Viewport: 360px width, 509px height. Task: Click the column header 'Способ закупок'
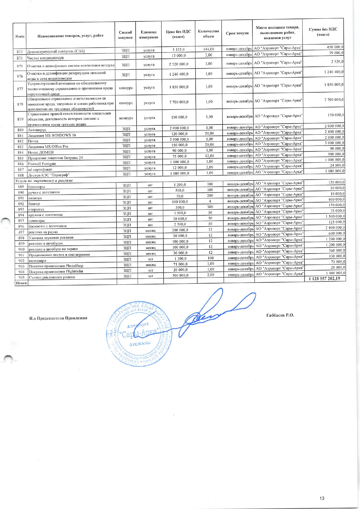tap(125, 35)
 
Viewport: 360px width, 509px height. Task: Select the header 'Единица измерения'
tap(149, 35)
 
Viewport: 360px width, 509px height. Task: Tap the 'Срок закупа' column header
tap(237, 33)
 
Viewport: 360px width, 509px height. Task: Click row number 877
tap(20, 89)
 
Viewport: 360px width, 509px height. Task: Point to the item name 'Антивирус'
tap(37, 130)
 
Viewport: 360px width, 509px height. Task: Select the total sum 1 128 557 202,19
tap(324, 279)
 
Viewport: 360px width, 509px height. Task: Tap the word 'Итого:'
tap(21, 283)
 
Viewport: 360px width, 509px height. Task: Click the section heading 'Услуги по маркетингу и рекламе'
tap(44, 181)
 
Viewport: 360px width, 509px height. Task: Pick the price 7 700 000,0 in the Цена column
tap(179, 102)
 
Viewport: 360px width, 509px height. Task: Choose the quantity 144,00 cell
tap(209, 49)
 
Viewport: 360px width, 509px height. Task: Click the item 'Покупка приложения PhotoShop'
tap(56, 266)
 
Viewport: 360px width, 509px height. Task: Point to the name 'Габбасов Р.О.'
tap(280, 315)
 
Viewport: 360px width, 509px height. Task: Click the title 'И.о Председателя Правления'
tap(58, 318)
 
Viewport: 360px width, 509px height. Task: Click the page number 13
tap(322, 499)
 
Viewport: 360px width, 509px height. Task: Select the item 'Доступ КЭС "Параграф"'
tap(49, 175)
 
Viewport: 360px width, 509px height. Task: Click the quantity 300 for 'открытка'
tap(210, 207)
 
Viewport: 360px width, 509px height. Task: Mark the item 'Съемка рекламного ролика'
tap(52, 277)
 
